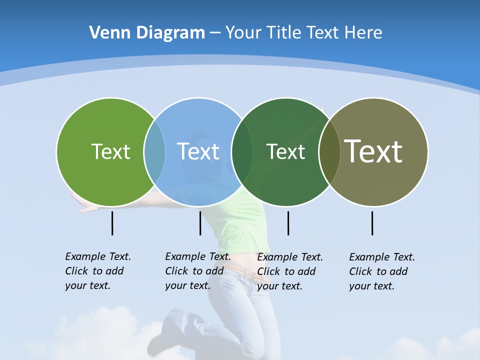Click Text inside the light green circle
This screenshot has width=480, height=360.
point(110,151)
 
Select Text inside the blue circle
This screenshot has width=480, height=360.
point(198,151)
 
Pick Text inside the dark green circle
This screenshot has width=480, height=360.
point(285,151)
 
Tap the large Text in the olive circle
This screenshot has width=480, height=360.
point(373,151)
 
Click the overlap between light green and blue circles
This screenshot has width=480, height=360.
point(154,151)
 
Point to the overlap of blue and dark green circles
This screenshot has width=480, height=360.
point(242,151)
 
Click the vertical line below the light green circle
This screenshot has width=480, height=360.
point(112,223)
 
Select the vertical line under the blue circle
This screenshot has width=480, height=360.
point(200,223)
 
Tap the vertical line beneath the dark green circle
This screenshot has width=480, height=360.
point(288,223)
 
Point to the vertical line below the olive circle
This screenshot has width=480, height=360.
point(372,223)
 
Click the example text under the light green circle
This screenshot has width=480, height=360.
point(97,271)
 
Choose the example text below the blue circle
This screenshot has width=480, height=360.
point(197,271)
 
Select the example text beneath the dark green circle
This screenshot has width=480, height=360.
point(289,271)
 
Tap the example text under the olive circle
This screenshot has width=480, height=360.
point(381,271)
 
